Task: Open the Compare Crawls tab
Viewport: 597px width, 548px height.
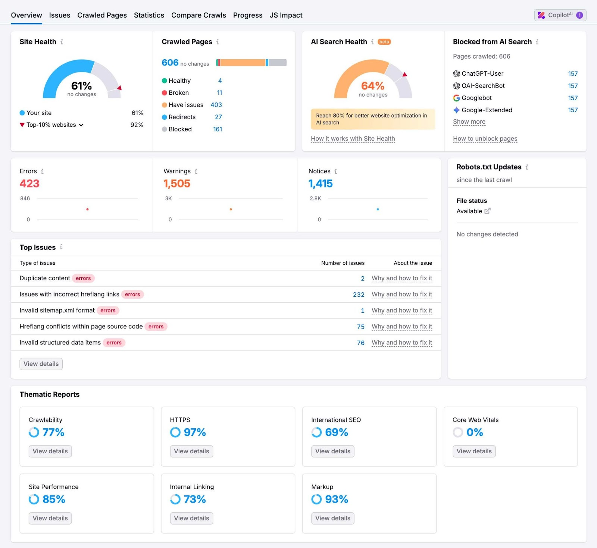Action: pos(199,15)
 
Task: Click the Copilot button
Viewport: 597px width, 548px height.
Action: pos(560,15)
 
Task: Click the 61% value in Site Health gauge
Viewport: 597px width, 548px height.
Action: pos(81,86)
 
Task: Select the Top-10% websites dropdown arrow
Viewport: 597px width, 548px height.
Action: pos(81,125)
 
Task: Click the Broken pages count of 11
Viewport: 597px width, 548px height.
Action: pos(219,93)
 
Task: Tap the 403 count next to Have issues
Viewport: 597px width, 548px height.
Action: pos(216,105)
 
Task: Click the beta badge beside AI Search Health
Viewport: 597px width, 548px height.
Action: pos(384,42)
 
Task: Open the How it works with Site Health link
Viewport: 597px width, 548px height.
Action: pos(353,139)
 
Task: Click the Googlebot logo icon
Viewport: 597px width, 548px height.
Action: pos(456,98)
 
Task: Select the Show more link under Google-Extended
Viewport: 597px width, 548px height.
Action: pos(469,122)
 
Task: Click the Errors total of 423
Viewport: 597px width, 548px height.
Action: pos(29,183)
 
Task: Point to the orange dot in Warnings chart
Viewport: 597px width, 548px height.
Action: pos(231,209)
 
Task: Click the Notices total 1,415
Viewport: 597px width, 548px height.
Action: pos(320,183)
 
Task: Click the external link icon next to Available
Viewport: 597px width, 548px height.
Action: pos(487,211)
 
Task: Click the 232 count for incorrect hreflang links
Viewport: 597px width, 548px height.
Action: pos(359,295)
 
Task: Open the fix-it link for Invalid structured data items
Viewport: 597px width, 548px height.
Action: pos(401,343)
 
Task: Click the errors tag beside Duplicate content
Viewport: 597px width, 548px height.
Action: pos(83,278)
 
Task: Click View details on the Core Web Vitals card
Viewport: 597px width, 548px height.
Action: pos(474,451)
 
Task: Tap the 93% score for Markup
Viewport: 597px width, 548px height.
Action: pos(337,499)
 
